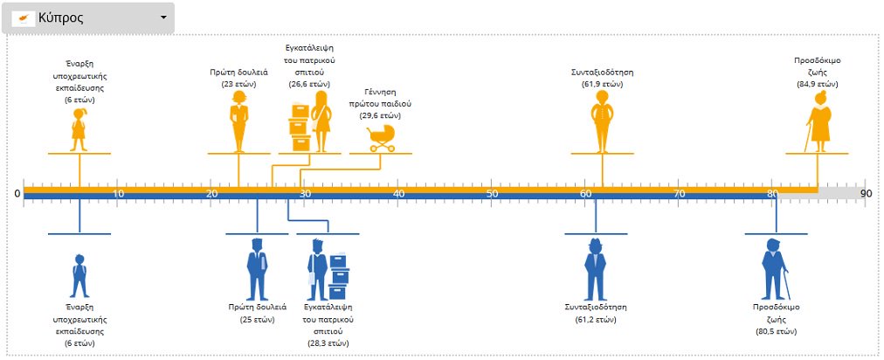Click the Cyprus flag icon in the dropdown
(26, 18)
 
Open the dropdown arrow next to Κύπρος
(163, 18)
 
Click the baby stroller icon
(380, 135)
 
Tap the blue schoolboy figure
(79, 275)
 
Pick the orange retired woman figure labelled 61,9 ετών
(600, 121)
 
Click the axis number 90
(866, 193)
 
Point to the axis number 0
(18, 193)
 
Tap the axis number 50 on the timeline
(492, 193)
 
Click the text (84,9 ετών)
(817, 84)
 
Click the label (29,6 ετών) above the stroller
(380, 114)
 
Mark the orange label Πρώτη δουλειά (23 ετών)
(238, 78)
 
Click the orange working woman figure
(239, 121)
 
